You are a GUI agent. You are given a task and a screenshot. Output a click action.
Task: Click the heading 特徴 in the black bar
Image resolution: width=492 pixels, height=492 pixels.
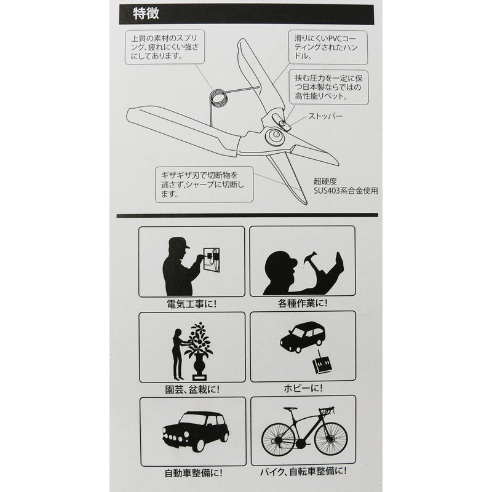146,14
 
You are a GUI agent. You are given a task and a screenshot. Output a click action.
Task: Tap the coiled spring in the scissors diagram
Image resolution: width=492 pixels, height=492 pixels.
218,98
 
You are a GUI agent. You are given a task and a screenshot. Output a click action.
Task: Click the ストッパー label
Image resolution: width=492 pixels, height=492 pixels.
325,116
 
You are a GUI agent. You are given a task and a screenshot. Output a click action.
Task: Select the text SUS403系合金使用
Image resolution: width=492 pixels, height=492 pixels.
346,191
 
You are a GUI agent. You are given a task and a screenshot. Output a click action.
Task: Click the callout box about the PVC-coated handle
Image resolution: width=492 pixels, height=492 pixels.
328,48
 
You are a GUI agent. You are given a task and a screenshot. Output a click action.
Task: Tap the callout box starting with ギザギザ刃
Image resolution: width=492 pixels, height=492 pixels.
204,184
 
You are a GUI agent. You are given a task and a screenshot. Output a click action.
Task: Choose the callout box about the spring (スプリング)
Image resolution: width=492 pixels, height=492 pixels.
165,47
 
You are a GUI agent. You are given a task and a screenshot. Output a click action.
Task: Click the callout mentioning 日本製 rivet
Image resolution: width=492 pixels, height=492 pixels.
328,87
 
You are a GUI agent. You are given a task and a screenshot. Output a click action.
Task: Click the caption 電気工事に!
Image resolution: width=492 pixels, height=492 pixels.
192,304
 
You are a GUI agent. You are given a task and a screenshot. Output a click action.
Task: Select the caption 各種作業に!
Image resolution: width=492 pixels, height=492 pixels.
303,303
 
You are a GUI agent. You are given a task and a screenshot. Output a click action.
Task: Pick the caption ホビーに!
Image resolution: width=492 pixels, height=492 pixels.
303,389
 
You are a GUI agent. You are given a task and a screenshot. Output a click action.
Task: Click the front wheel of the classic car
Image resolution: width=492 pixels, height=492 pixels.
198,444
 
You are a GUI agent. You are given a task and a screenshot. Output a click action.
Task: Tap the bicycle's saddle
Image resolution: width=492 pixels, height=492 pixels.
290,409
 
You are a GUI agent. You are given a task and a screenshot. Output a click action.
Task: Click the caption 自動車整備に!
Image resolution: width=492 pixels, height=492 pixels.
194,473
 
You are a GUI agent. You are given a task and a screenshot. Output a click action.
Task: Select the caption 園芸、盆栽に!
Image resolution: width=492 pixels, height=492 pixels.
192,389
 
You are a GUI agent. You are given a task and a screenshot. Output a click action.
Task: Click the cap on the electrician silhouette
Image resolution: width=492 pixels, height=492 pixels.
179,242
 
